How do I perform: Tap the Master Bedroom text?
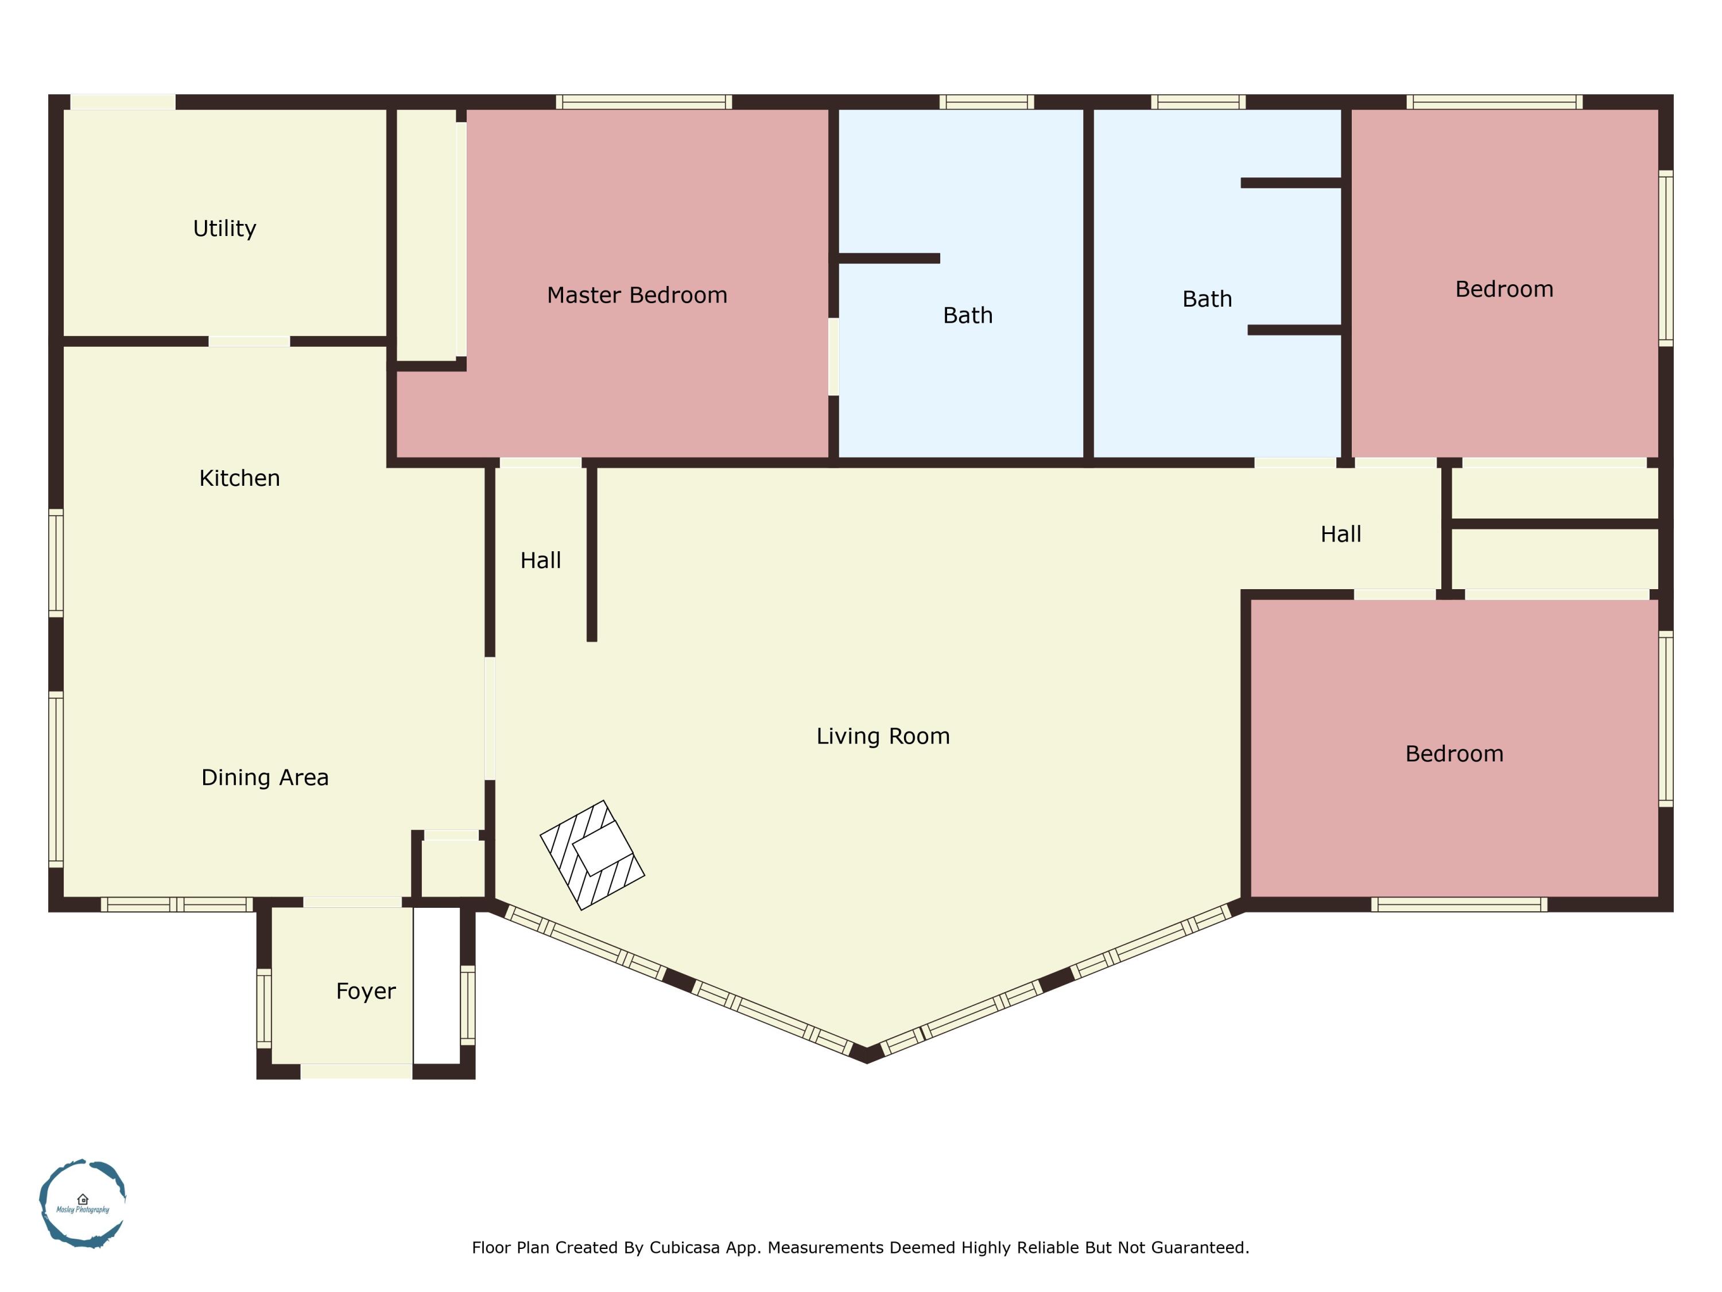point(637,295)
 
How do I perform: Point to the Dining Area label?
point(265,777)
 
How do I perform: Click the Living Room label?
point(883,736)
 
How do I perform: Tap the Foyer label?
point(365,991)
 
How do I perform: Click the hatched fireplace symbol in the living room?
point(592,854)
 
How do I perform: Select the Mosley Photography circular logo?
point(83,1203)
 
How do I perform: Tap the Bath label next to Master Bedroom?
point(968,315)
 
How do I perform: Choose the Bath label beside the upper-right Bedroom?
point(1207,299)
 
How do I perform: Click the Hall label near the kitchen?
point(540,560)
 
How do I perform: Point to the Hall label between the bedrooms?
point(1340,534)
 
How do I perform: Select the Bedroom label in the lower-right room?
point(1453,754)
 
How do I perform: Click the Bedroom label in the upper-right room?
point(1503,289)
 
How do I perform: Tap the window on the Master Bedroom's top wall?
point(644,102)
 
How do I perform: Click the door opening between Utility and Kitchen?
point(249,341)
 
